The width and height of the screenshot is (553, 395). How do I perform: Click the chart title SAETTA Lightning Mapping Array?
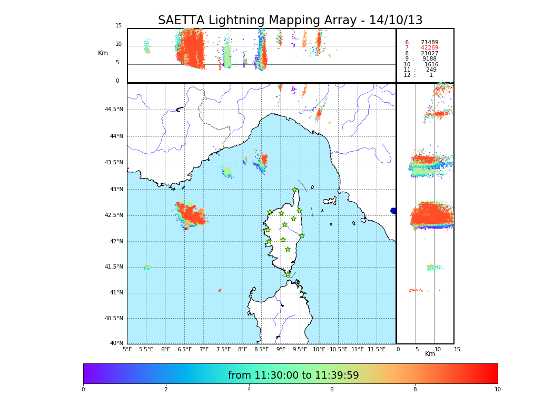[290, 21]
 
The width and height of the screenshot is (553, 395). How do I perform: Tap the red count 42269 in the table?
[429, 48]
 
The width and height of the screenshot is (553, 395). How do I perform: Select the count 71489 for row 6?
[429, 42]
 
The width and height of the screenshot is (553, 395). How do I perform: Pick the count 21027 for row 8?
[429, 54]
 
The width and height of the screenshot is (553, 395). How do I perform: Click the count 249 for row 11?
[431, 70]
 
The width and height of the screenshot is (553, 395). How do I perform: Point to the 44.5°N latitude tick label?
[114, 110]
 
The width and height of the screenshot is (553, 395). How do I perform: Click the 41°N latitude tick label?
[116, 293]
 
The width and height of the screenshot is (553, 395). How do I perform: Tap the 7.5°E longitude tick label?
[224, 350]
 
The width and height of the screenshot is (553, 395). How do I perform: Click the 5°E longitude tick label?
[127, 350]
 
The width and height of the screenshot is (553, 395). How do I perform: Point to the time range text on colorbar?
[293, 376]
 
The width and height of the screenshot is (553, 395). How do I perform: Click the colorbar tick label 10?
[498, 390]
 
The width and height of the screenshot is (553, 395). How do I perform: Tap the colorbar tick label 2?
[166, 390]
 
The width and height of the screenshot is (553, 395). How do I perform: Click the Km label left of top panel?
[103, 53]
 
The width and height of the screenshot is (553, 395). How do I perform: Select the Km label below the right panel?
[430, 354]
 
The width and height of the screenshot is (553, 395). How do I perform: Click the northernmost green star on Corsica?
[295, 190]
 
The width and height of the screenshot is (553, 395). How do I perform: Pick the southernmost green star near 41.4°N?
[288, 274]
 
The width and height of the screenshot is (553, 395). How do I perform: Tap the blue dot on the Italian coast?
[393, 211]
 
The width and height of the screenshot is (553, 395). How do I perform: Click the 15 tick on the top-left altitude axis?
[118, 26]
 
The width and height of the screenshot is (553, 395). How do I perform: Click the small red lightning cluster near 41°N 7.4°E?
[220, 290]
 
